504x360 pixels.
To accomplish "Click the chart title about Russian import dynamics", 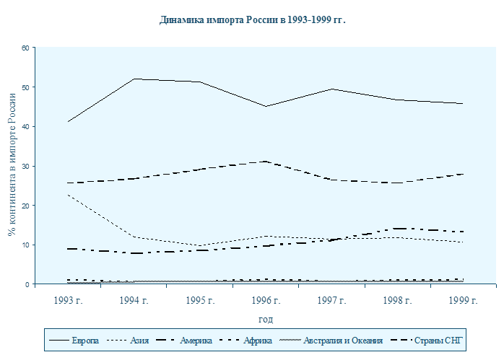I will click(252, 19).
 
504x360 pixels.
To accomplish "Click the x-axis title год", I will click(265, 319).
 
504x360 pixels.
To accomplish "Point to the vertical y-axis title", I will click(12, 167).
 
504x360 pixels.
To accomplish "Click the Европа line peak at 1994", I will click(134, 79).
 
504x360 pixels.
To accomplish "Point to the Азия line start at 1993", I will click(68, 195).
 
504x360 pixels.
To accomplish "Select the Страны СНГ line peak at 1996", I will click(265, 162).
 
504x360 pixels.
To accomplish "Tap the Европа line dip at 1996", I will click(265, 106).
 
